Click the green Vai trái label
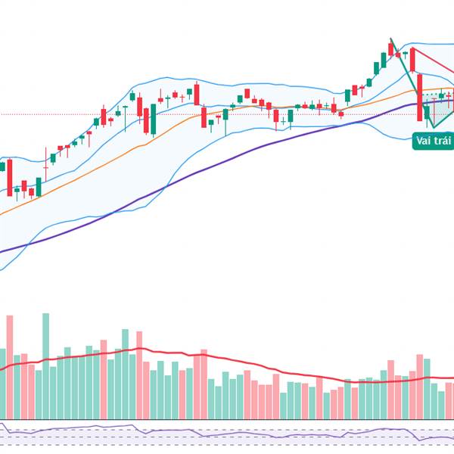point(434,141)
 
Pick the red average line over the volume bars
point(227,362)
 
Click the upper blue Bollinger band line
point(250,81)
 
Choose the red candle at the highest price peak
point(390,49)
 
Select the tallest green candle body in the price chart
point(154,120)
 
